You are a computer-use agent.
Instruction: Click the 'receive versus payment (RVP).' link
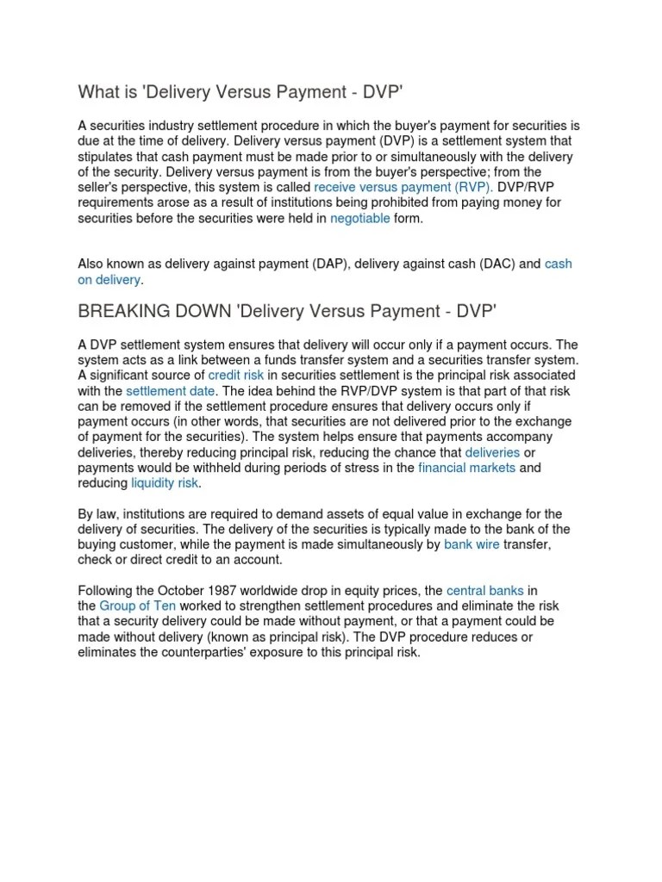click(x=403, y=187)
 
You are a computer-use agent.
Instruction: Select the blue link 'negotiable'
click(x=360, y=219)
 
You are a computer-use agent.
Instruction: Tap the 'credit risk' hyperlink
click(x=237, y=376)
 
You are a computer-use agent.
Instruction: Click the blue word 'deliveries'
click(x=492, y=452)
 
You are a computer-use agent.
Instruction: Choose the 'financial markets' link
click(x=466, y=468)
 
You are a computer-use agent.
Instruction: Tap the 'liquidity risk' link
click(x=165, y=483)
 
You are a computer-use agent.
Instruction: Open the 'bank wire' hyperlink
click(x=472, y=545)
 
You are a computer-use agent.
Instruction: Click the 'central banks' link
click(x=485, y=591)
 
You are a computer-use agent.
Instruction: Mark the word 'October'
click(x=178, y=591)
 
